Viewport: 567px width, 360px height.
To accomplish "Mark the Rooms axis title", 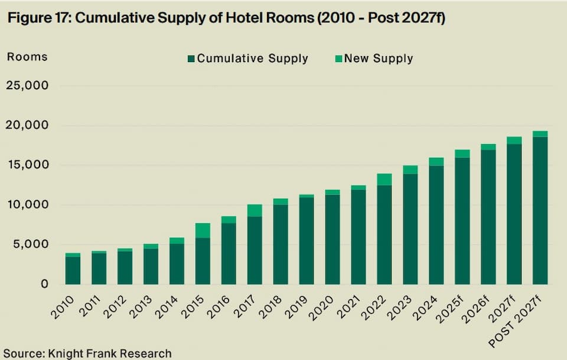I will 27,57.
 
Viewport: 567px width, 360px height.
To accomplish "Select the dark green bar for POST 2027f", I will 540,210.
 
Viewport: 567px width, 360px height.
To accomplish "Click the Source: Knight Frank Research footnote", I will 86,353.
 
